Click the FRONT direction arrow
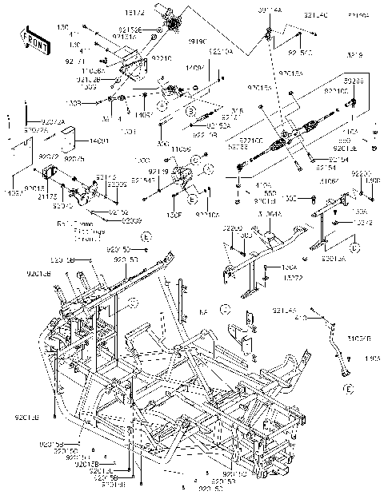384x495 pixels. pyautogui.click(x=33, y=39)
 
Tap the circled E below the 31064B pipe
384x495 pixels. pyautogui.click(x=348, y=389)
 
